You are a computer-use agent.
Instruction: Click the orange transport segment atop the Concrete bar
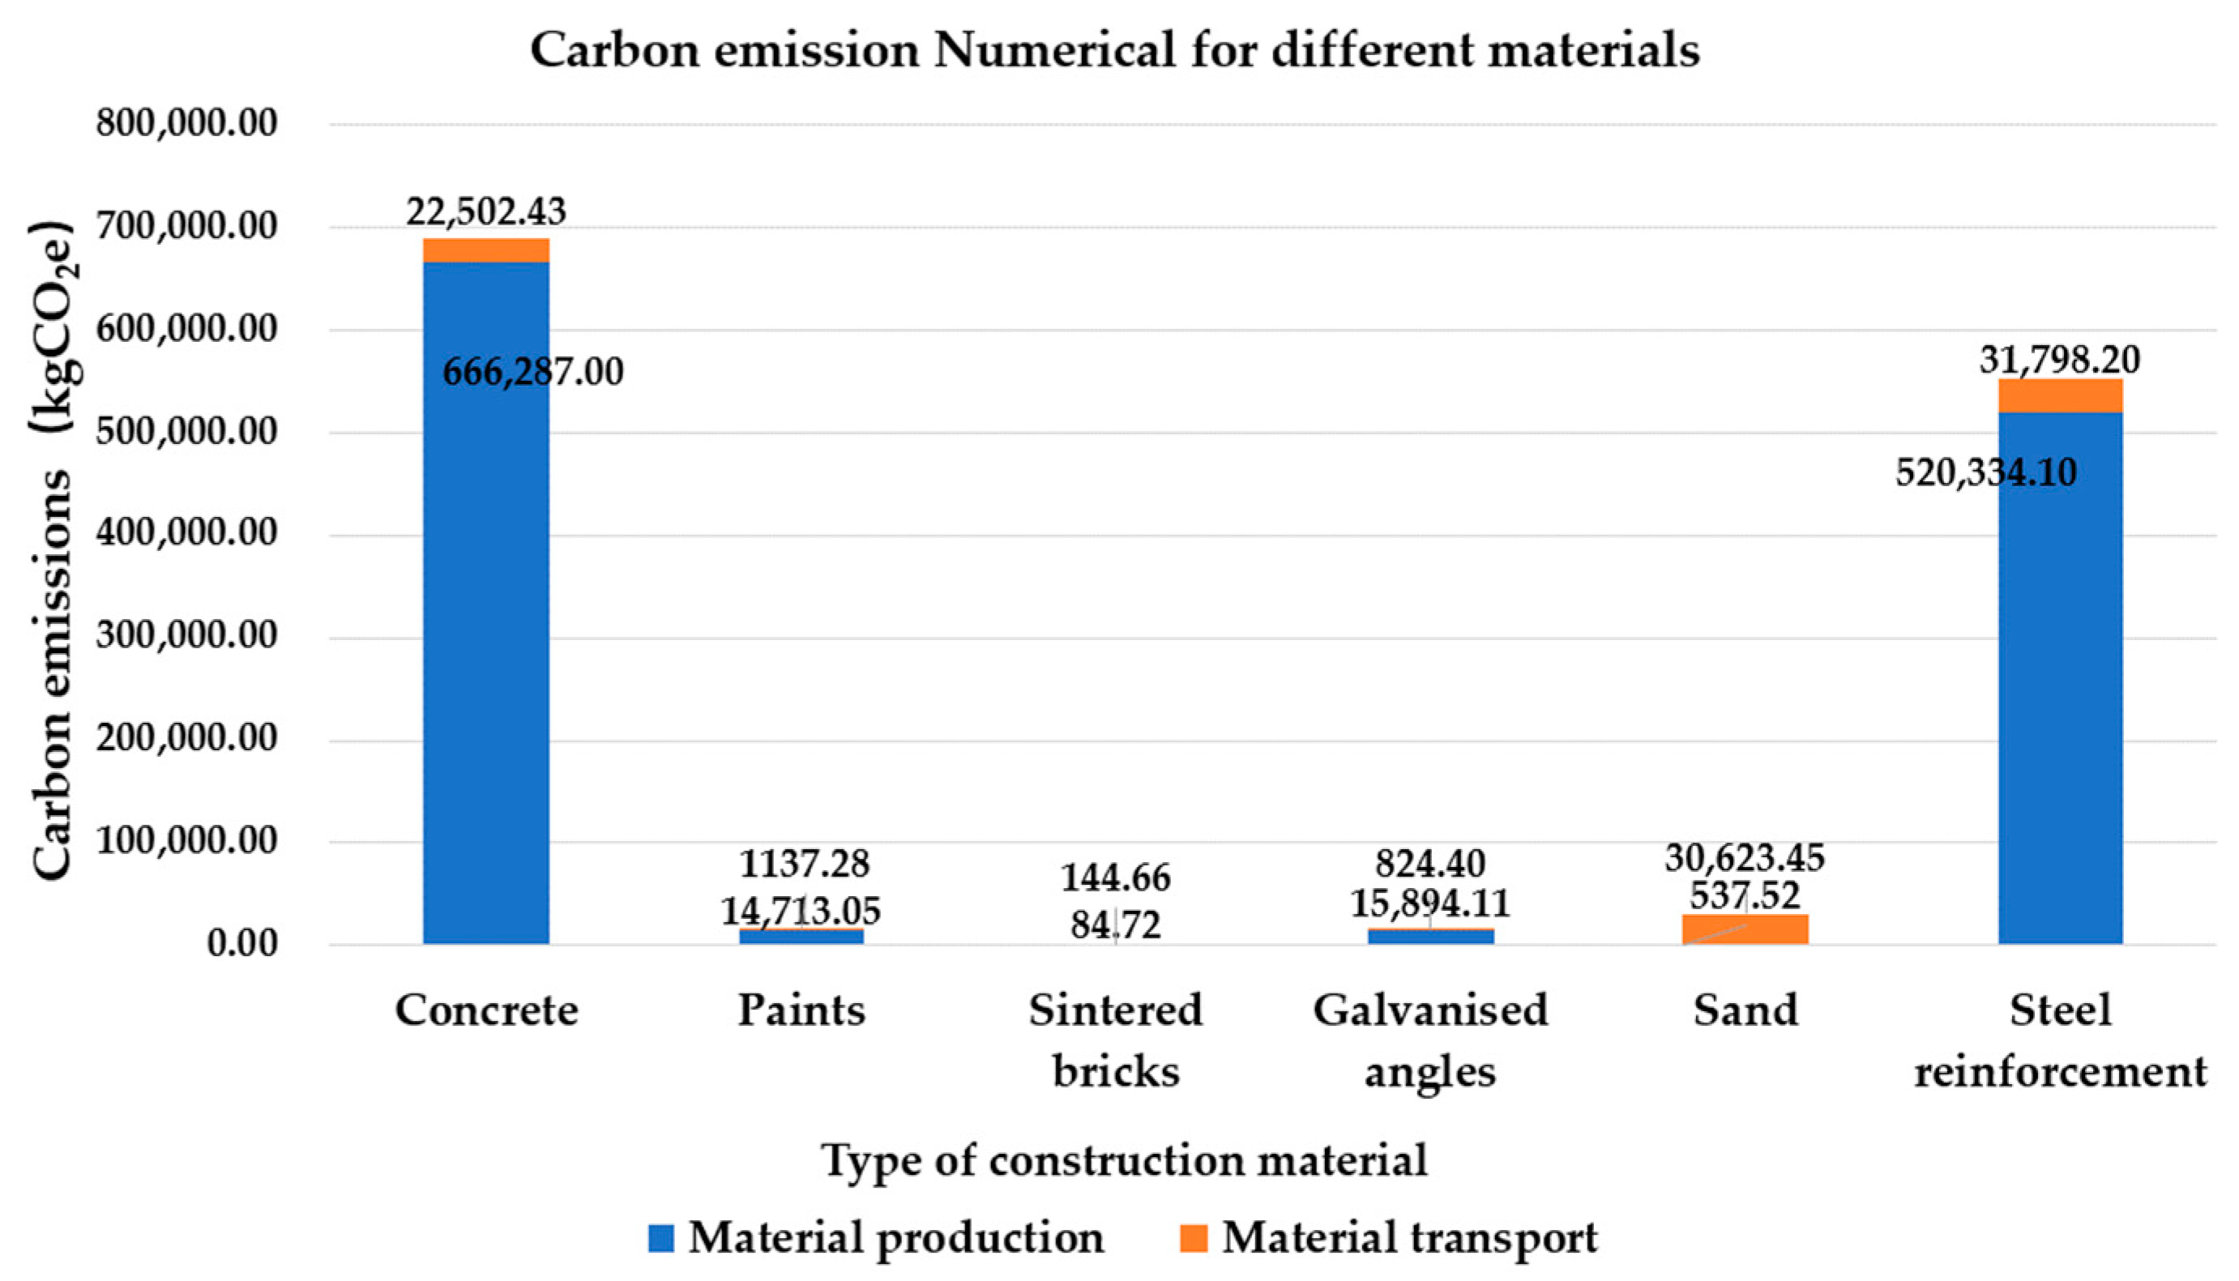point(485,250)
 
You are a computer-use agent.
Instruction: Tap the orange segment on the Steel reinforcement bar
point(2060,396)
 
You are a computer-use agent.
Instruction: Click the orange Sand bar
point(1745,929)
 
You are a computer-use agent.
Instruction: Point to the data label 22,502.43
point(485,212)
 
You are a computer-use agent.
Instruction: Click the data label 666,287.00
point(532,372)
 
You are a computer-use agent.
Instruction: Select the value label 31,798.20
point(2060,360)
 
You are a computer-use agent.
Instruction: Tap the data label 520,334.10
point(1985,473)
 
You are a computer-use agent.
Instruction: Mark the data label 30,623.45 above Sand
point(1745,857)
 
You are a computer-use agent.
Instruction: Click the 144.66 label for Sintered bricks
point(1115,877)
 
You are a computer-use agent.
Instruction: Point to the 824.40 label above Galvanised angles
point(1429,864)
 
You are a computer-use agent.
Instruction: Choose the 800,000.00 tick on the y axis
point(186,123)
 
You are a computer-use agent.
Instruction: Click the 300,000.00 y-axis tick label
point(186,635)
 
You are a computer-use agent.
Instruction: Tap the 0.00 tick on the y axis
point(242,944)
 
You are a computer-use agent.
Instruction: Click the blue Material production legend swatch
point(660,1238)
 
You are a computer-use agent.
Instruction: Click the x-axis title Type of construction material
point(1123,1159)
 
